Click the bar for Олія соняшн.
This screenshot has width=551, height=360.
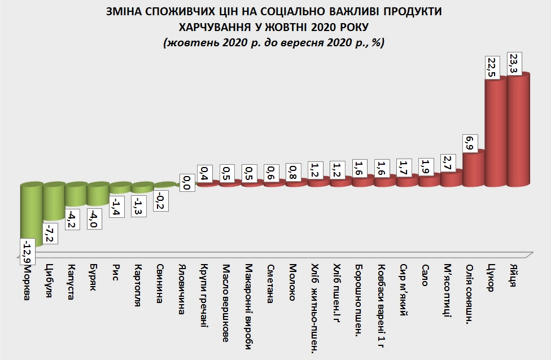(474, 168)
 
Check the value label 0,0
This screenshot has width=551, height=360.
(185, 183)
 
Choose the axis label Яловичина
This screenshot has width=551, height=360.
(181, 289)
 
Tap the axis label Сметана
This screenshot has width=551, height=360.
(270, 284)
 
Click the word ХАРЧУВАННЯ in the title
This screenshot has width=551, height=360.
(215, 27)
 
